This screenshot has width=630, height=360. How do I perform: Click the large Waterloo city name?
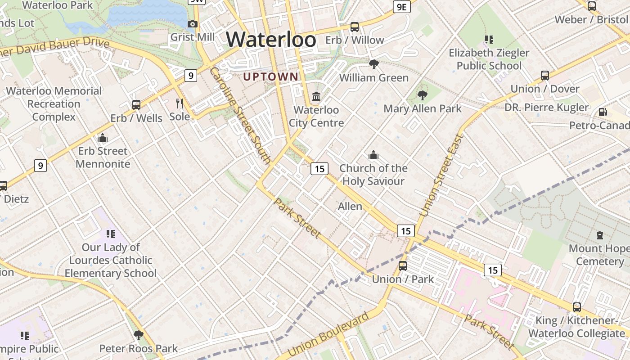[x=271, y=40]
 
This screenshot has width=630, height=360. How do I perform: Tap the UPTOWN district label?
[x=270, y=77]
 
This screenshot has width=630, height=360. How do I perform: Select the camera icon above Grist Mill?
[x=193, y=24]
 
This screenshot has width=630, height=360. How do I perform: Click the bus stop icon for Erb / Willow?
[x=355, y=27]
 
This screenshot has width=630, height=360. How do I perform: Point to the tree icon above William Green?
[x=373, y=64]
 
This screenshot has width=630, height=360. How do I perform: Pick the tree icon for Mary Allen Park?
[x=422, y=95]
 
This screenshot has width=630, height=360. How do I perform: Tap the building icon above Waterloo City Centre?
[x=316, y=97]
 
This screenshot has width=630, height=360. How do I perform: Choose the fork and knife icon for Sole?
[x=180, y=103]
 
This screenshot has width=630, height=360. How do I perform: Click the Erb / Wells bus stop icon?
[x=136, y=105]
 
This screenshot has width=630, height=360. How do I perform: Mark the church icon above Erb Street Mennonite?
[x=103, y=138]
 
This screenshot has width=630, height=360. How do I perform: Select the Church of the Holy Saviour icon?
[x=373, y=155]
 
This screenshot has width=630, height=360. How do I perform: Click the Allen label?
[x=350, y=207]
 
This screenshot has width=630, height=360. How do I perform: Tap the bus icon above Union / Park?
[x=403, y=266]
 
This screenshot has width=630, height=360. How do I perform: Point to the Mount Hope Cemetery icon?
[x=599, y=235]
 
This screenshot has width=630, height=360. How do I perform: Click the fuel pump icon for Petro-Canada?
[x=603, y=112]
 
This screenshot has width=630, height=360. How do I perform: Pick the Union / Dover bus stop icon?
[x=545, y=76]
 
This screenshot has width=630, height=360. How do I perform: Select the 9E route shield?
[x=401, y=7]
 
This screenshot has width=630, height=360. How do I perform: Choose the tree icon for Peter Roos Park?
[x=139, y=335]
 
